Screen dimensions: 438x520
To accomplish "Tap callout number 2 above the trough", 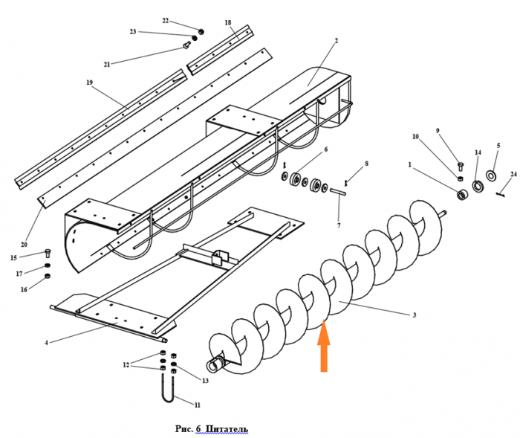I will click(x=336, y=40).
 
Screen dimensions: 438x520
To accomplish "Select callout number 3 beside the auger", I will click(x=415, y=315).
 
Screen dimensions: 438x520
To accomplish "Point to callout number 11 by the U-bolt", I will click(x=198, y=405).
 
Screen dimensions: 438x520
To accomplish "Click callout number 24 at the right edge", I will click(x=513, y=175).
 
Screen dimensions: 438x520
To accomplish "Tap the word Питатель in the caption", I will click(x=227, y=429).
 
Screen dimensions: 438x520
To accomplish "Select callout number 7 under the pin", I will click(x=339, y=225).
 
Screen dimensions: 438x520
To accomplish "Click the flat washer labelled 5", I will click(x=491, y=175).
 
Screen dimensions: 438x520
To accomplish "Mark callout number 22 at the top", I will click(x=165, y=20).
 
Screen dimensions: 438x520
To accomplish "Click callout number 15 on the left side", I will click(x=13, y=257).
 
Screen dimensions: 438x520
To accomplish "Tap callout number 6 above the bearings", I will click(x=325, y=149).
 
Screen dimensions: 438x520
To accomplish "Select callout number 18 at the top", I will click(x=227, y=23).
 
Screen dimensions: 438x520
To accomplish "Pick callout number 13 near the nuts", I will click(x=205, y=380).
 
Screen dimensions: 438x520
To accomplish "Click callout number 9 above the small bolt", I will click(x=438, y=131).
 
